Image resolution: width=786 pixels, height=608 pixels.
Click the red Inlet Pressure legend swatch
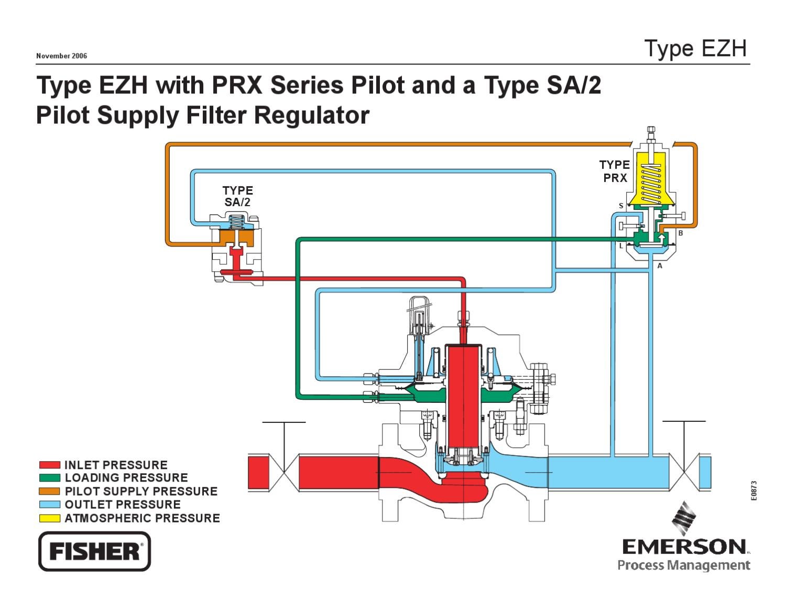click(x=49, y=465)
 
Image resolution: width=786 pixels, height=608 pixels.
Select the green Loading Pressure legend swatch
click(x=49, y=478)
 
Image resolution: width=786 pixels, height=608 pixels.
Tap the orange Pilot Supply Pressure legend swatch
click(x=49, y=492)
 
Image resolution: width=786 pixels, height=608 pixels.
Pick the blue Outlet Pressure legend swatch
click(x=49, y=505)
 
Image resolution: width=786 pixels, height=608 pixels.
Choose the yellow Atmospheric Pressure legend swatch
click(x=49, y=518)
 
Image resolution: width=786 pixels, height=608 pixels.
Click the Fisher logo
click(x=94, y=551)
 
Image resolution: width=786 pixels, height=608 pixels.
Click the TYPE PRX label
click(x=615, y=172)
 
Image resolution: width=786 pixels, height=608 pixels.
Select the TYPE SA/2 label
click(x=237, y=196)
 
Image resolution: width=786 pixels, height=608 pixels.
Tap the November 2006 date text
click(x=61, y=56)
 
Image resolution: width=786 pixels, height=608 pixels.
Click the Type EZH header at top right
click(x=695, y=48)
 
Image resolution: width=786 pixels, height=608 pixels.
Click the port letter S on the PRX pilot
click(x=621, y=206)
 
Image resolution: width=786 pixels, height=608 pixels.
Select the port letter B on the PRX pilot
click(x=680, y=233)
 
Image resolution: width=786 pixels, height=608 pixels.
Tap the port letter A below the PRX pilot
click(x=660, y=266)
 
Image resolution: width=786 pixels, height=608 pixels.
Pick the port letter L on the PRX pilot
click(x=621, y=246)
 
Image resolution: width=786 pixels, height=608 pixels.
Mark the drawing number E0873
click(x=753, y=490)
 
